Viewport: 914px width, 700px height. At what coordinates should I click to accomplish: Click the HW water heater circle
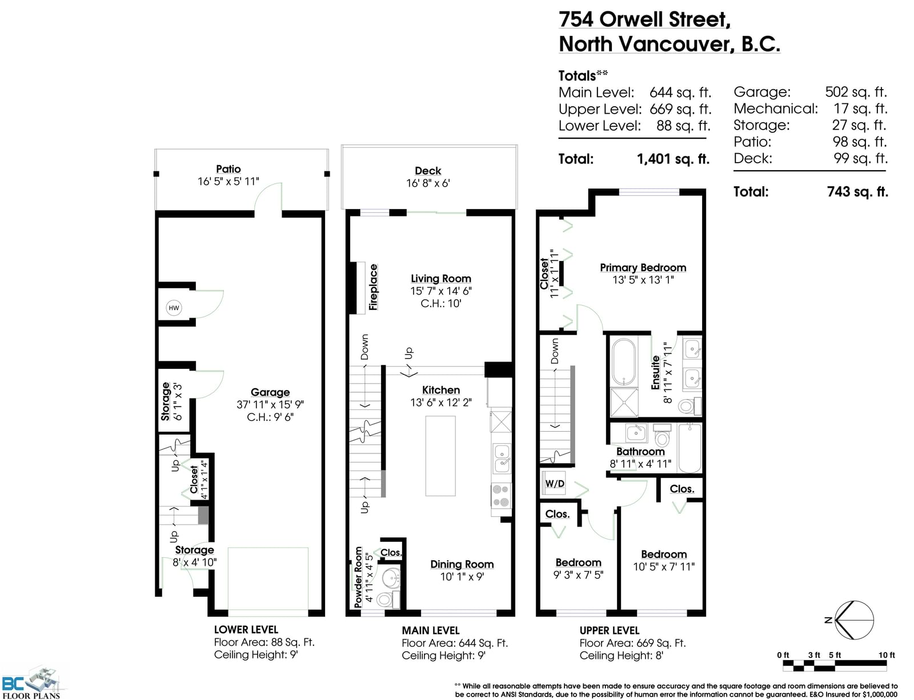(x=174, y=308)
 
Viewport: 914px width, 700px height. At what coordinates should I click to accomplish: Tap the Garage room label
(x=270, y=392)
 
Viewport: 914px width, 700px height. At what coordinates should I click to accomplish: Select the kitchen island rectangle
(x=440, y=456)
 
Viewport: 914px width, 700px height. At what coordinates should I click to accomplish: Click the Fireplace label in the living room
(x=373, y=287)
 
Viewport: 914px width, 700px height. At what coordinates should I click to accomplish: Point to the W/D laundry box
(x=554, y=484)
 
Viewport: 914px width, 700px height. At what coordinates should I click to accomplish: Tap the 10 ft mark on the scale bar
(x=887, y=655)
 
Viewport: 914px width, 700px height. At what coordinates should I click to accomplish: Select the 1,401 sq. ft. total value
(x=673, y=159)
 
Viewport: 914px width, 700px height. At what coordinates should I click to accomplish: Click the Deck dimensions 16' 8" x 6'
(x=428, y=183)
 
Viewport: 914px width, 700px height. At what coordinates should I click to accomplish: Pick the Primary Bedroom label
(x=643, y=267)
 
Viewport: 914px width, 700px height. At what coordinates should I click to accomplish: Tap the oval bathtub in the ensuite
(x=624, y=361)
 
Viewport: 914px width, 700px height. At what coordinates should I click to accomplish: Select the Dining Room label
(x=462, y=564)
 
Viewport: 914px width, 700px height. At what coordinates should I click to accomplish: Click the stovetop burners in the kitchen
(x=501, y=495)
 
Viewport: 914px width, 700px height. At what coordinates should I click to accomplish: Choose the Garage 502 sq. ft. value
(x=856, y=92)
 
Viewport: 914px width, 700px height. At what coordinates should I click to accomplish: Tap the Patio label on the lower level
(x=228, y=169)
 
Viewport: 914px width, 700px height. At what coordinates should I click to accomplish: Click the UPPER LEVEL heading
(x=610, y=630)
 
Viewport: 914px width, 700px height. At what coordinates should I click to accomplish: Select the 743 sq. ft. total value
(x=857, y=192)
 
